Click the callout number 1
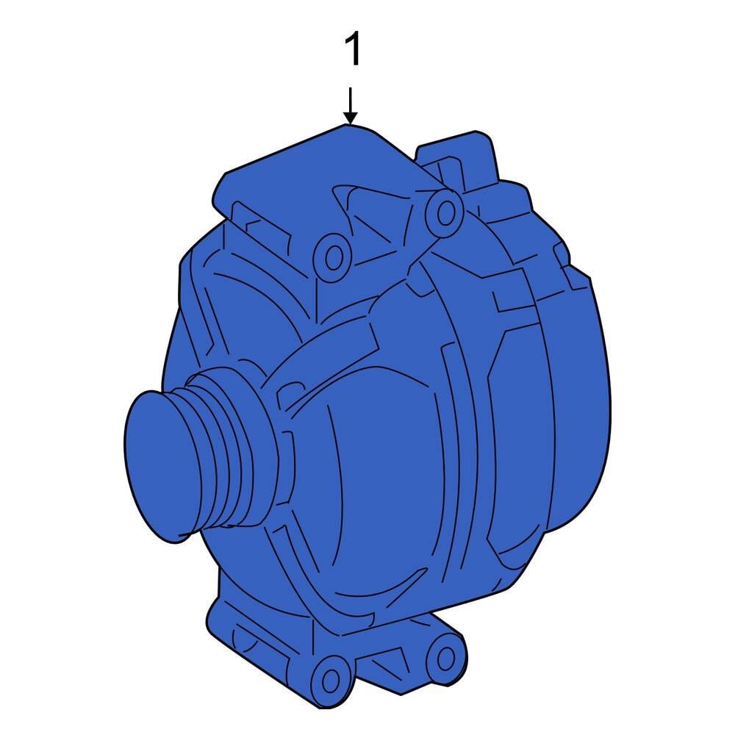[353, 51]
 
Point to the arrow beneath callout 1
[351, 106]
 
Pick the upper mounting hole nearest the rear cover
[445, 212]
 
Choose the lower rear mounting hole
[444, 656]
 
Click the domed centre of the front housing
[382, 470]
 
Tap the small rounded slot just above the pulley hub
[294, 386]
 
